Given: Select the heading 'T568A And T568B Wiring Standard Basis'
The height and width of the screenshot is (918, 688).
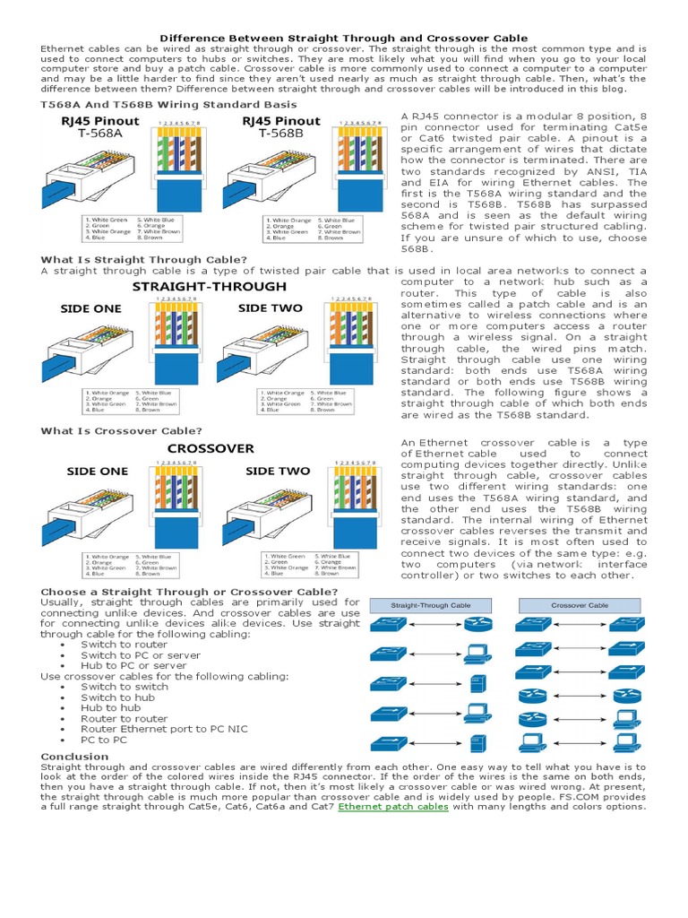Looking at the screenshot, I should tap(168, 105).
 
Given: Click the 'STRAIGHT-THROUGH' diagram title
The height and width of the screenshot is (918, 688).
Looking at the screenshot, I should tap(210, 287).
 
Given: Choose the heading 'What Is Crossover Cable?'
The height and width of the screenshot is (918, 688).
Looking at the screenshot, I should tap(122, 431).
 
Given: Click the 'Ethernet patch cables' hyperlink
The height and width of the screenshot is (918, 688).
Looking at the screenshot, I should tap(393, 807).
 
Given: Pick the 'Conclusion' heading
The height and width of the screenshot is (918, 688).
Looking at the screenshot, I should tap(74, 757).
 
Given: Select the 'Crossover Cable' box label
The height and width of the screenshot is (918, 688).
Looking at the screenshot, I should tap(579, 605).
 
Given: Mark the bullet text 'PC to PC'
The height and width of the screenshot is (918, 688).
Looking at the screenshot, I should tap(104, 740).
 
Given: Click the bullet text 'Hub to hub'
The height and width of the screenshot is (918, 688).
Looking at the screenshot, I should tap(111, 707).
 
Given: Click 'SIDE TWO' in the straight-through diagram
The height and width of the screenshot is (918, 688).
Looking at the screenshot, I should tap(270, 308).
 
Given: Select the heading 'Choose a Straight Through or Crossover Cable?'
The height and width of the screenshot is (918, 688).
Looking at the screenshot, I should tap(190, 592).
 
